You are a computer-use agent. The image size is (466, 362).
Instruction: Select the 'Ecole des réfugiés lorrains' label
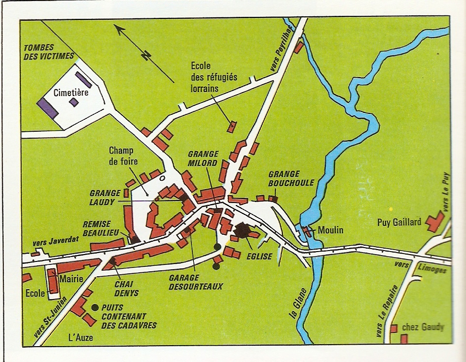tap(214, 77)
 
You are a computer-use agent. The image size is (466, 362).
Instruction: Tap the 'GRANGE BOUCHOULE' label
tap(291, 178)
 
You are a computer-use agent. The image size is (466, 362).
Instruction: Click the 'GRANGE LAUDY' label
tap(105, 198)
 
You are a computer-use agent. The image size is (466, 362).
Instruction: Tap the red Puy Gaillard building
tap(435, 221)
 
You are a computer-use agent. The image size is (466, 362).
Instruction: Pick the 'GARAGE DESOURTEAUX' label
tap(196, 282)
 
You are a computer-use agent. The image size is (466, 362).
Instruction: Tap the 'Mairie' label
tap(70, 279)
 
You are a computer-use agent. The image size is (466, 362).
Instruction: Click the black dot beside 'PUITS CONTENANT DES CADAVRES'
tap(94, 307)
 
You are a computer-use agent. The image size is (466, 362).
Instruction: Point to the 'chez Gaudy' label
tap(422, 327)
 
